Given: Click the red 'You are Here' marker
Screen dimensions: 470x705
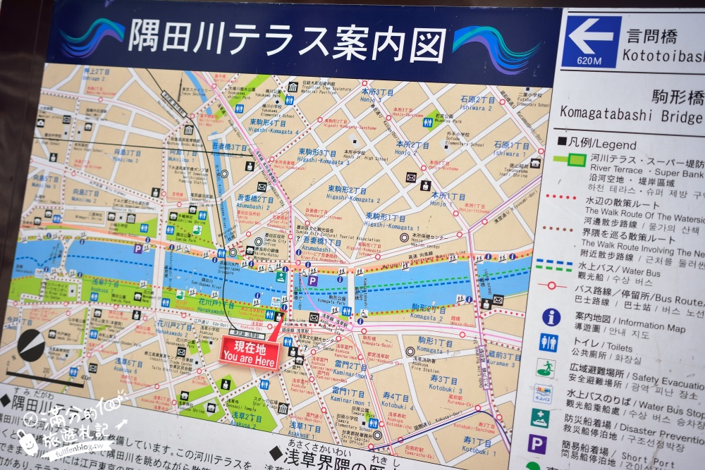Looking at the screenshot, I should pyautogui.click(x=249, y=352).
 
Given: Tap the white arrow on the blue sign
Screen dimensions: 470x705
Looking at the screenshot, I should pyautogui.click(x=591, y=36).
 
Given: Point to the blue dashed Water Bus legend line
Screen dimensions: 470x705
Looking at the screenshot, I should pyautogui.click(x=554, y=265).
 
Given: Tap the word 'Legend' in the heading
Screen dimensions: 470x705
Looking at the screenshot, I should pyautogui.click(x=601, y=142).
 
